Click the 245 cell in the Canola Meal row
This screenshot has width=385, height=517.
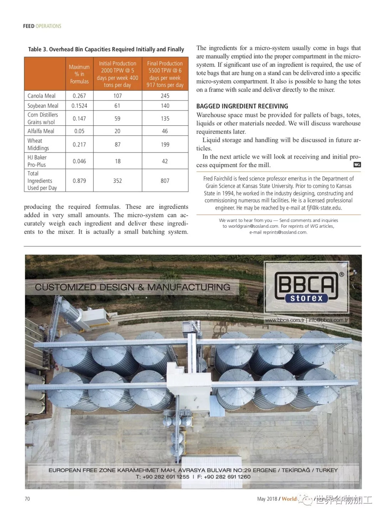pos(165,96)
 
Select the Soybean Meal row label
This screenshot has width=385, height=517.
pos(43,106)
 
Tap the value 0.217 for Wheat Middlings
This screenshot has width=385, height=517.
pos(79,145)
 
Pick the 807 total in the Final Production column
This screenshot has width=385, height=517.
pos(165,181)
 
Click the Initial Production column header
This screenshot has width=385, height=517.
pos(117,74)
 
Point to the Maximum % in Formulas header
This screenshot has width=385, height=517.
pos(79,74)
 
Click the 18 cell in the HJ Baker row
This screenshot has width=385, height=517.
pos(118,161)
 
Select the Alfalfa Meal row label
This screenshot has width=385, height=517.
pos(41,131)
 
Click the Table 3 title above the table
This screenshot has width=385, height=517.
pos(106,50)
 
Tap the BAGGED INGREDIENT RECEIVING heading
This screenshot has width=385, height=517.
pos(242,106)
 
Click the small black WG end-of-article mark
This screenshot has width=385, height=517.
pos(357,165)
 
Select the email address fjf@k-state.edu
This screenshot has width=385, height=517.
pos(319,208)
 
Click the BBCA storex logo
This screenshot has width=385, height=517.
pos(306,287)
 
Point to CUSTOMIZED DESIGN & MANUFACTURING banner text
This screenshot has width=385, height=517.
pos(133,287)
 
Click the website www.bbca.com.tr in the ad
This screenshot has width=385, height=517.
pos(284,320)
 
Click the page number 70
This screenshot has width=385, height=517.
pos(27,499)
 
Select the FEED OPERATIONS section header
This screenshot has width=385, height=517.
pos(42,26)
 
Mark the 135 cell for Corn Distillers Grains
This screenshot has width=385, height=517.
pos(165,119)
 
